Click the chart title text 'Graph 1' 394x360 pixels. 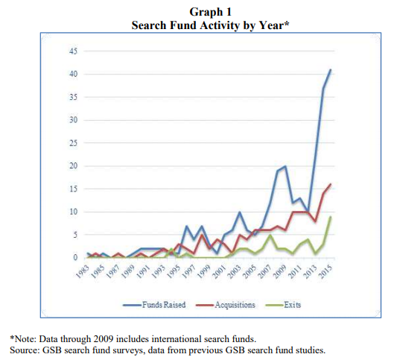click(210, 12)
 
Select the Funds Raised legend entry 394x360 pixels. click(154, 305)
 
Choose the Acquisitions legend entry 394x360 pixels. click(226, 305)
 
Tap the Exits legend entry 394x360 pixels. click(283, 305)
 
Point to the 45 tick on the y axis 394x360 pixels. click(74, 51)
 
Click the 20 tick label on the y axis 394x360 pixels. click(74, 166)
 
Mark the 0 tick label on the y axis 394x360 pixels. click(75, 258)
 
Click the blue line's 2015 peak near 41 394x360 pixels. click(331, 69)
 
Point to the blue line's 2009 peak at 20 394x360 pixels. click(285, 166)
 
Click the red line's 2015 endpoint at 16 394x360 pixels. click(331, 184)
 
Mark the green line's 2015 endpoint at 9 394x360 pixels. click(331, 216)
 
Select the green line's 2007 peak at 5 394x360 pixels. click(270, 235)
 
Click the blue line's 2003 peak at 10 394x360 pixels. click(240, 212)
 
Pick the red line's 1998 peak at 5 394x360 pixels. click(202, 235)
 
